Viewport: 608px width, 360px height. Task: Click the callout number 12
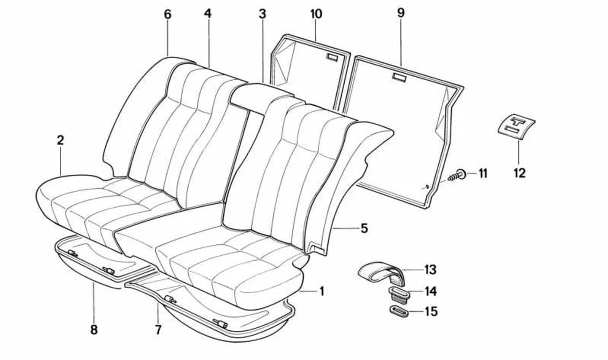[x=519, y=173]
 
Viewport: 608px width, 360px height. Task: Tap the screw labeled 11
[x=457, y=175]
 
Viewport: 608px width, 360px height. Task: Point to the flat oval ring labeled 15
[x=399, y=311]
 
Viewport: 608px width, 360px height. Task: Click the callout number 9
[x=401, y=13]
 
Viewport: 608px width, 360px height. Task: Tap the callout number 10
[x=316, y=14]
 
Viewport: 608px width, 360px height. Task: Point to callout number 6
[x=168, y=14]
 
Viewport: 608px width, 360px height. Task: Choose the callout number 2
[x=60, y=140]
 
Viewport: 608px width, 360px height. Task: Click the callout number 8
[x=94, y=330]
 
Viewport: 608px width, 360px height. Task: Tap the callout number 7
[x=158, y=330]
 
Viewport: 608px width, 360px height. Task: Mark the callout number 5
[x=364, y=228]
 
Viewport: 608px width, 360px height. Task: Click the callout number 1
[x=322, y=292]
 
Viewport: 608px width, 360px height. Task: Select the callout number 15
[x=431, y=311]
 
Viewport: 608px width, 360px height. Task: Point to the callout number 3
[x=262, y=14]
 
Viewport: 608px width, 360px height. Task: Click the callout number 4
[x=208, y=14]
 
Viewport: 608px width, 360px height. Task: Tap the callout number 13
[x=430, y=269]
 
